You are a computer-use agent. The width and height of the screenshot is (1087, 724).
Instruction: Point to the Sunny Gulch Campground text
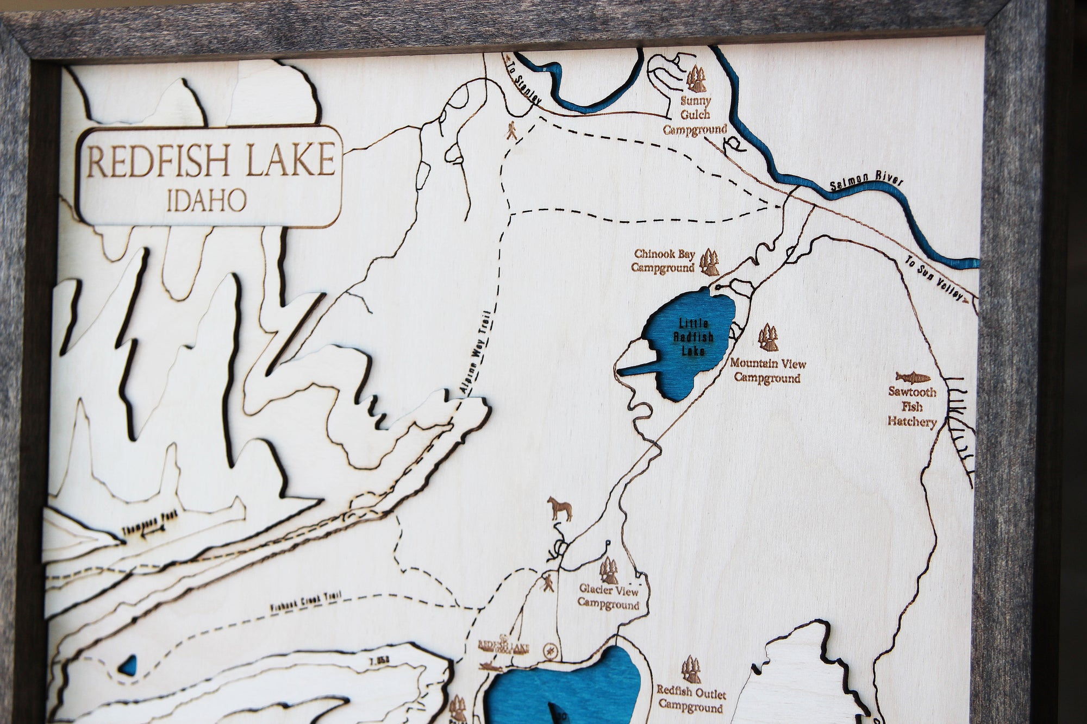pyautogui.click(x=695, y=116)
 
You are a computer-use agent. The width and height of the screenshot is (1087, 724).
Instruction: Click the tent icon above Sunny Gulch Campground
pyautogui.click(x=696, y=79)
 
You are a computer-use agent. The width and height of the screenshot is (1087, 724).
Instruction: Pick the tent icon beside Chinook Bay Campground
pyautogui.click(x=709, y=262)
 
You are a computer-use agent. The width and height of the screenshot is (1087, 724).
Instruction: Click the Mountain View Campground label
pyautogui.click(x=767, y=370)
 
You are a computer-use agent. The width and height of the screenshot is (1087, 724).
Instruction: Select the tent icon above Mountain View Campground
pyautogui.click(x=769, y=337)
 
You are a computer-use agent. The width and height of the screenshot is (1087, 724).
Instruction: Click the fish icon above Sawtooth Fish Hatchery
pyautogui.click(x=913, y=377)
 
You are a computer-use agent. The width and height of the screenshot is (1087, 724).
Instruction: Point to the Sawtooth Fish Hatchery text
pyautogui.click(x=913, y=406)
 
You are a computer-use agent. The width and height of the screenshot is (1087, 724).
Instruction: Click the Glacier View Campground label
pyautogui.click(x=608, y=597)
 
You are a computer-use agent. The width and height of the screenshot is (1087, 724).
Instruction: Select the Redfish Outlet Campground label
pyautogui.click(x=691, y=700)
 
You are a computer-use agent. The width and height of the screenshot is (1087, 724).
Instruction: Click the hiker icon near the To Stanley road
pyautogui.click(x=512, y=131)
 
